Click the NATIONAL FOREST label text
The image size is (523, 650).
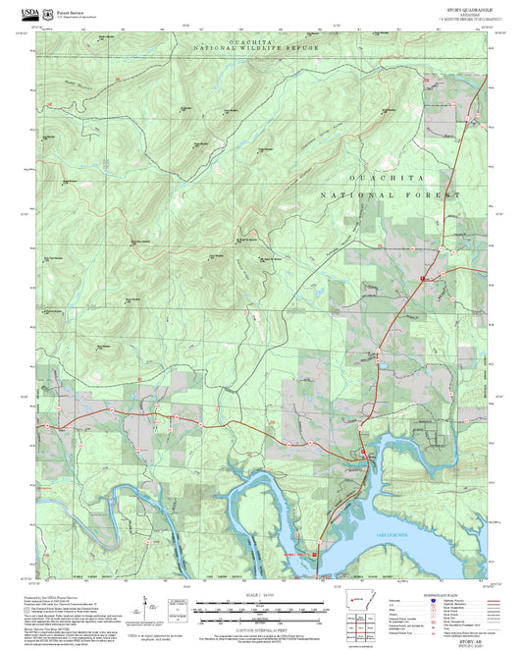click(390, 195)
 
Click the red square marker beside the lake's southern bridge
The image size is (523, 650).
click(314, 555)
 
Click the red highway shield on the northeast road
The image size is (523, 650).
click(423, 281)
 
